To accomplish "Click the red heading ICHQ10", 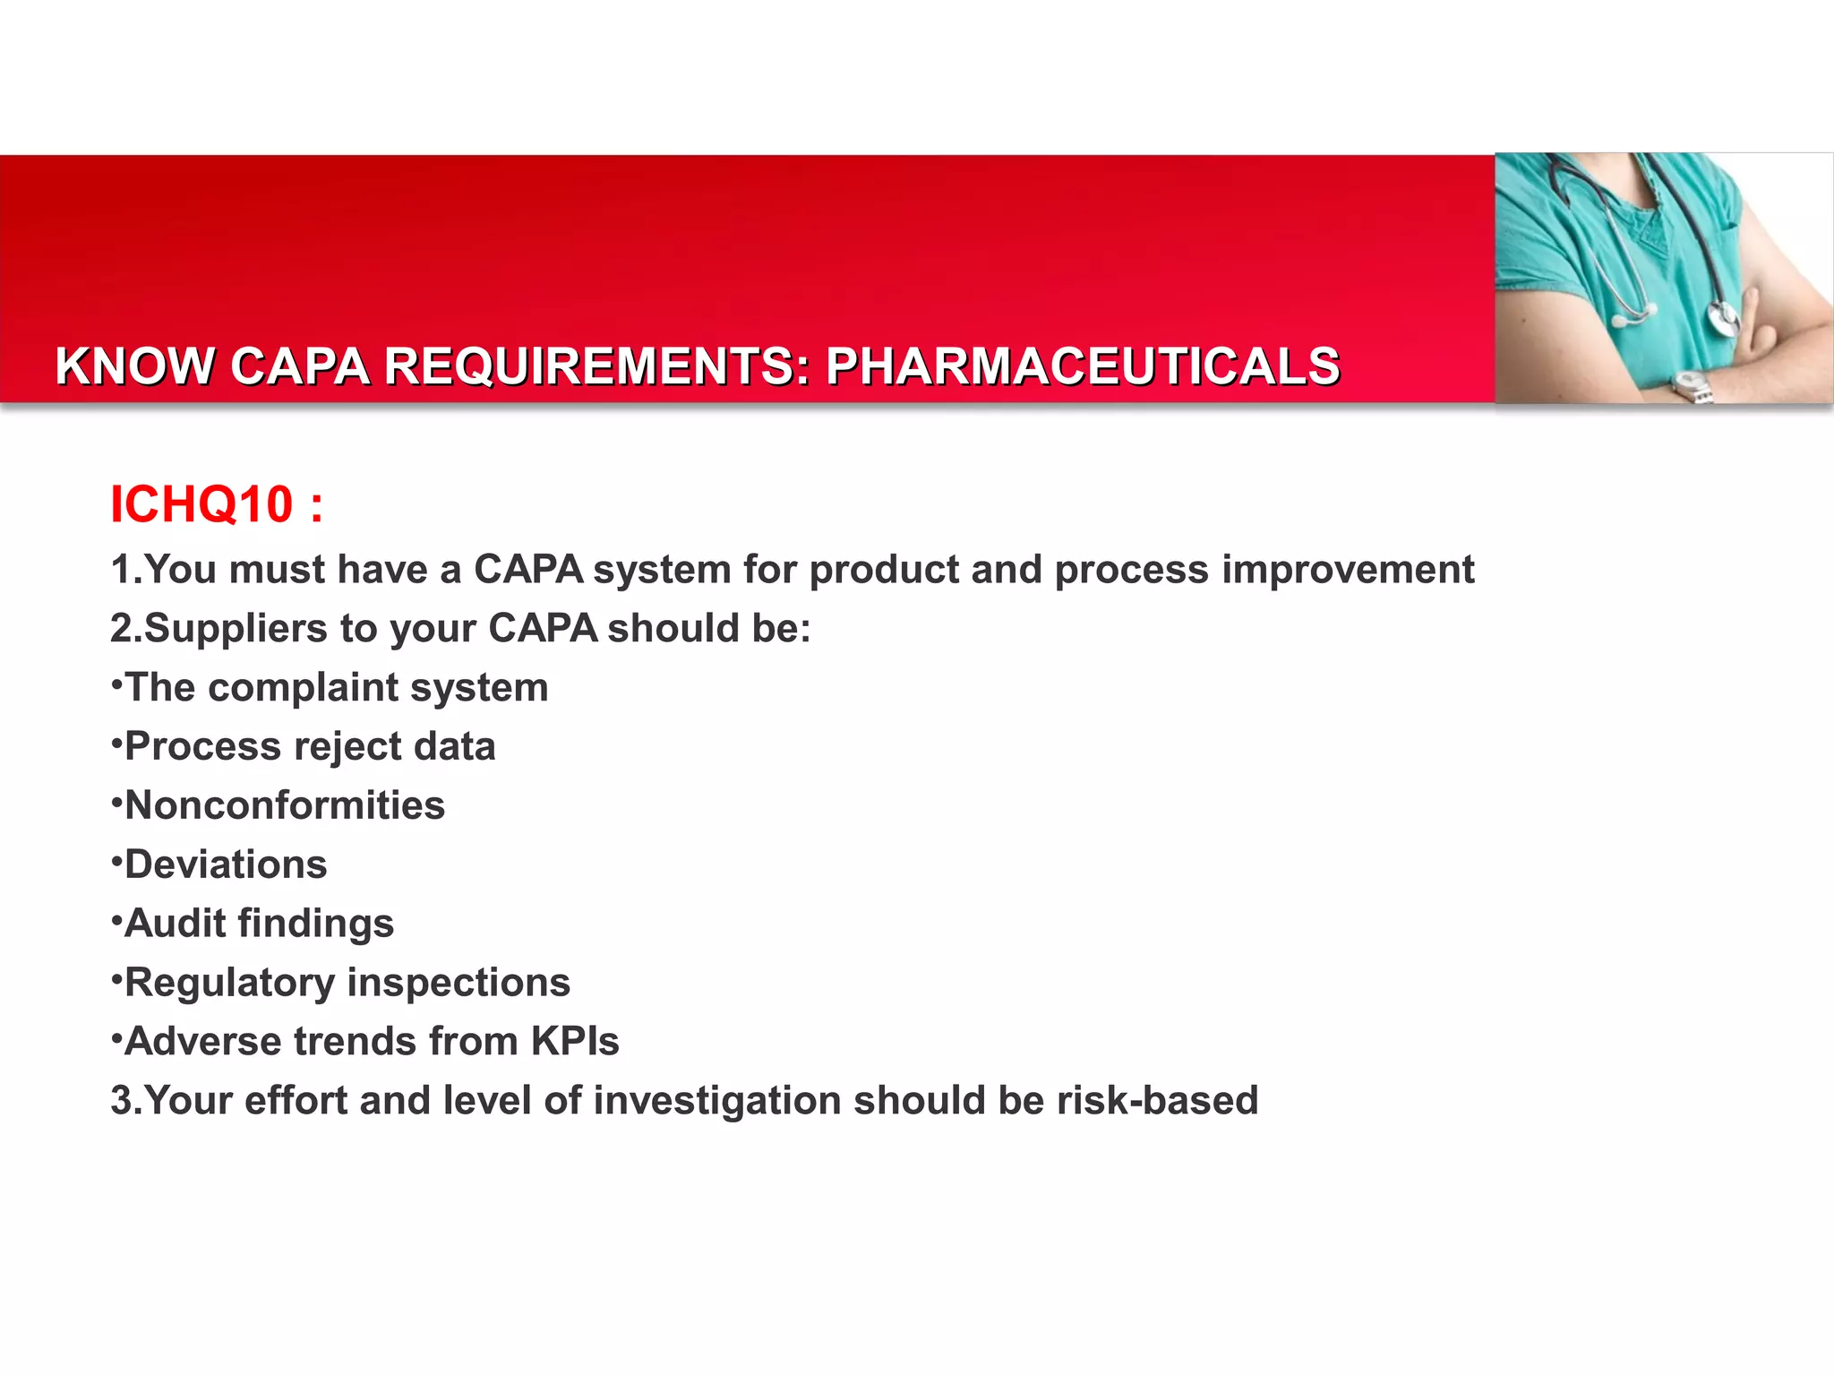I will click(201, 504).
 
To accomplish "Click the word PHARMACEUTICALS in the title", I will click(1082, 366).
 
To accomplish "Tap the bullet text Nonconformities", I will click(284, 805).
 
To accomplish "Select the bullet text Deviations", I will click(226, 864).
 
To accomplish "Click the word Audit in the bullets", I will click(175, 924).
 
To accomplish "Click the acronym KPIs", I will click(575, 1042).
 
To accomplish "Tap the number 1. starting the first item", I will click(125, 570).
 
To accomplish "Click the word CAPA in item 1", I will click(528, 570).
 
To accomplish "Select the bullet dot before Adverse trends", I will click(116, 1037).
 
